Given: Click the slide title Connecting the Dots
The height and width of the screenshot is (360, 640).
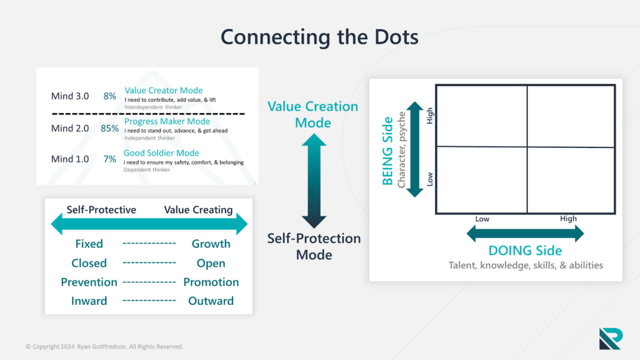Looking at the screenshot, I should coord(319,37).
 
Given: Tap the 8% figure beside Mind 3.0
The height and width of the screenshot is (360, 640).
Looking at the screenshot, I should coord(110,96).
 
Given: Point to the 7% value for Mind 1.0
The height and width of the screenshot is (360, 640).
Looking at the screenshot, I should coord(110,159).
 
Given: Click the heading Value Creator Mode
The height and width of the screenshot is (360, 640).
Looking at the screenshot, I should coord(164,91).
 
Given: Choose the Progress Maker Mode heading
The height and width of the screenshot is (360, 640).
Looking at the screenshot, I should coord(167,121).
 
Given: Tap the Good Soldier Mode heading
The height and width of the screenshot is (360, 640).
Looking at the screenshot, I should coord(162,153).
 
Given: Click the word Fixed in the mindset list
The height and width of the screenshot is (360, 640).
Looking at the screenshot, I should coord(89,244).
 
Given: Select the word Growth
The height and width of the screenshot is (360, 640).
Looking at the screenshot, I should coord(211,244).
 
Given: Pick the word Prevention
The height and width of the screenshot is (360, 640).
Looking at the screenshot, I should coord(89,282).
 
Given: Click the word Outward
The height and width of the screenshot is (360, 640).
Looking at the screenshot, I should coord(211,301).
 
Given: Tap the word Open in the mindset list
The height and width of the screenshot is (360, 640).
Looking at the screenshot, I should coord(211,263).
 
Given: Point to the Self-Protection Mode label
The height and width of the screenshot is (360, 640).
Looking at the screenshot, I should coord(314,246).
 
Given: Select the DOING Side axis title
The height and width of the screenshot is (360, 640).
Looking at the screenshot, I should coord(525,251).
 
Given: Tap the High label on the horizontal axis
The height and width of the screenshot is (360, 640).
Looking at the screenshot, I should coord(568,219).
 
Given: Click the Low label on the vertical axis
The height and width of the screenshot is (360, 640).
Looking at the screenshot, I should coord(429,179).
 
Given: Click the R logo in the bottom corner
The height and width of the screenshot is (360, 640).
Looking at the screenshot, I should coord(610,338).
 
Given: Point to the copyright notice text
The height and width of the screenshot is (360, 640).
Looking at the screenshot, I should coord(104,346).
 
